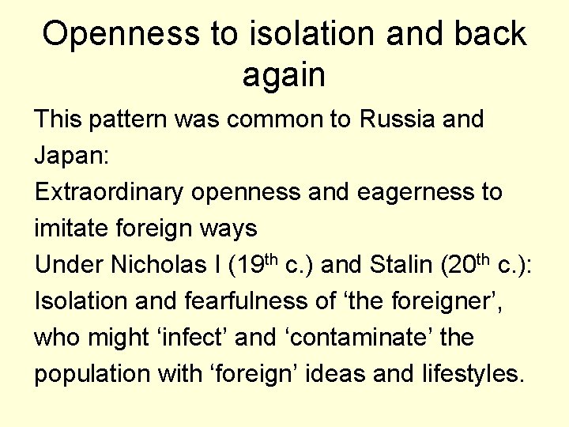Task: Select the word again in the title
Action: [x=284, y=75]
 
